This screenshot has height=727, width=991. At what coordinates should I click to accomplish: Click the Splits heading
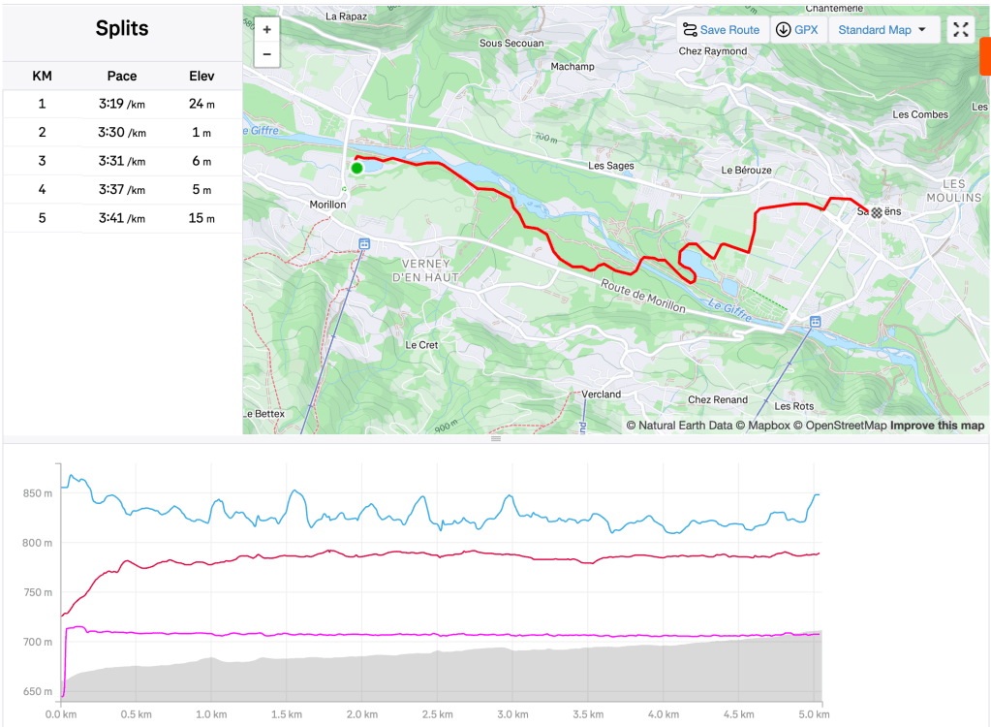(x=122, y=28)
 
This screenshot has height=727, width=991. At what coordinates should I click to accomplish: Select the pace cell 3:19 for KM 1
(x=122, y=104)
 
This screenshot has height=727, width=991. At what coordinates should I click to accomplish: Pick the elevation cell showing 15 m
(x=201, y=218)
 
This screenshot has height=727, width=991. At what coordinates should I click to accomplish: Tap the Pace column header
(x=122, y=76)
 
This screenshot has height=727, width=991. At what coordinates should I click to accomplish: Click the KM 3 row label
(x=42, y=161)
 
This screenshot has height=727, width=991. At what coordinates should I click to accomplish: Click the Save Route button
(x=721, y=30)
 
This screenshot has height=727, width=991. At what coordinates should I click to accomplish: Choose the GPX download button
(x=797, y=30)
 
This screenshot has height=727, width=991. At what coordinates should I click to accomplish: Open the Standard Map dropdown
(x=882, y=30)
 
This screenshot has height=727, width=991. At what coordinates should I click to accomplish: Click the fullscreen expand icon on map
(x=960, y=30)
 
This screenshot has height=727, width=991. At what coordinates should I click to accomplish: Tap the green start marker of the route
(x=356, y=168)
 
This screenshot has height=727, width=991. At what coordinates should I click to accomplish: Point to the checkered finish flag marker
(x=877, y=212)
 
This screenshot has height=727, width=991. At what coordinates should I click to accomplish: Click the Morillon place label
(x=327, y=205)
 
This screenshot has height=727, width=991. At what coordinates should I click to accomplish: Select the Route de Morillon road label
(x=642, y=297)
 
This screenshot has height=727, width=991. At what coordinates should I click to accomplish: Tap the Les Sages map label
(x=611, y=166)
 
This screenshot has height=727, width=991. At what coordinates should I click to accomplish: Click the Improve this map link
(x=937, y=426)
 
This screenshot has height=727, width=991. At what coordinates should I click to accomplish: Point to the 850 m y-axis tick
(x=38, y=493)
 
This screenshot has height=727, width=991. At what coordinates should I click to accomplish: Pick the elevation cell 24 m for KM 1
(x=201, y=104)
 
